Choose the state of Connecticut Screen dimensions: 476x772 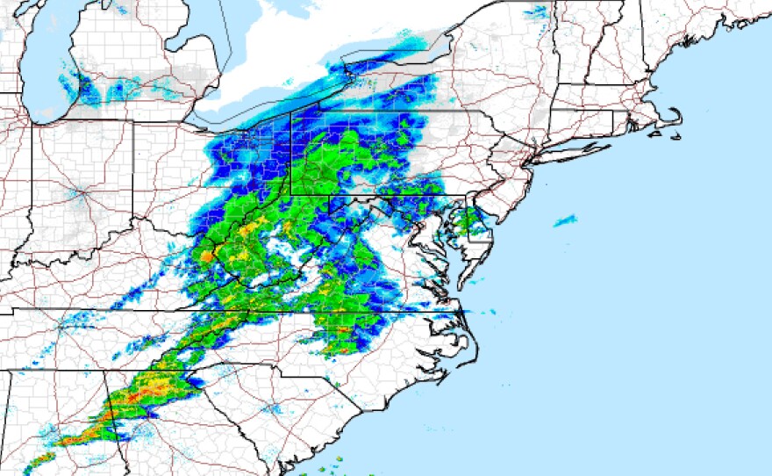coord(597,127)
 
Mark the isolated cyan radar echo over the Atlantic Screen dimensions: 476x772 coord(565,220)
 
